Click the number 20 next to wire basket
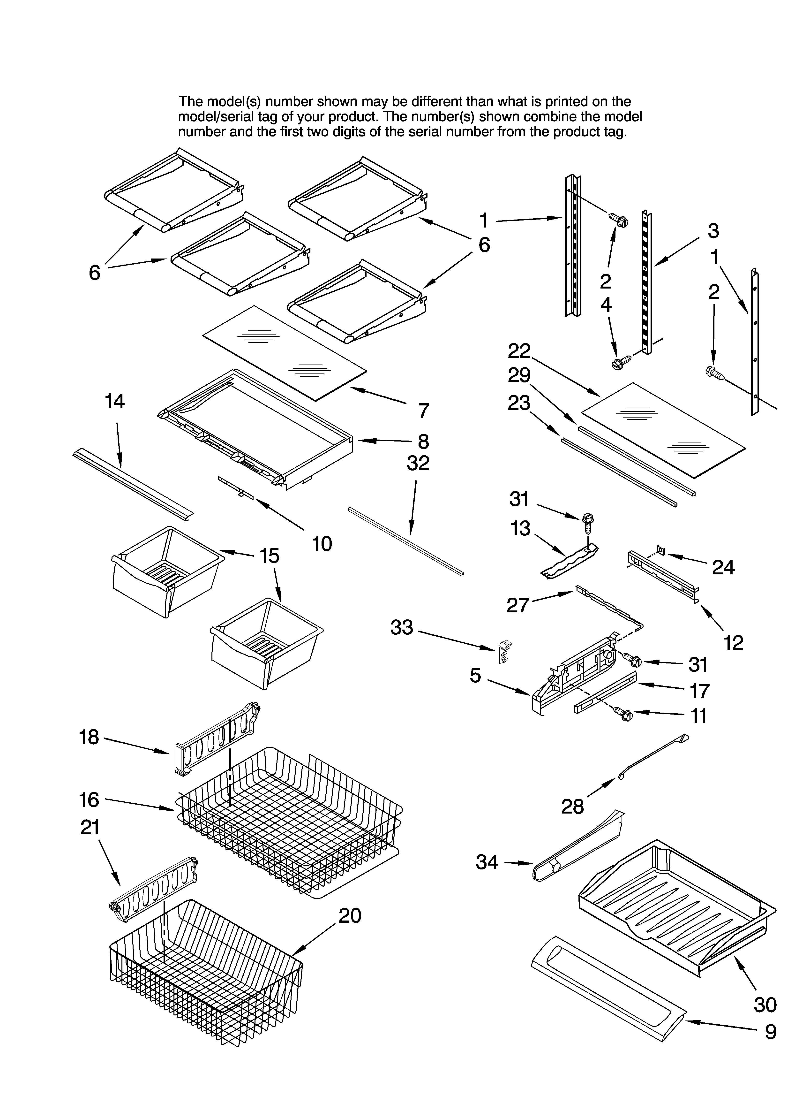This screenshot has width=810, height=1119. point(350,916)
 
